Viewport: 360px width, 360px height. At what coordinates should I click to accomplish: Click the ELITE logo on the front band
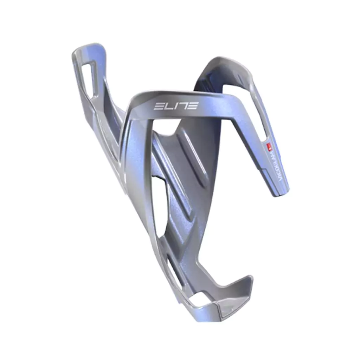(176, 106)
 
